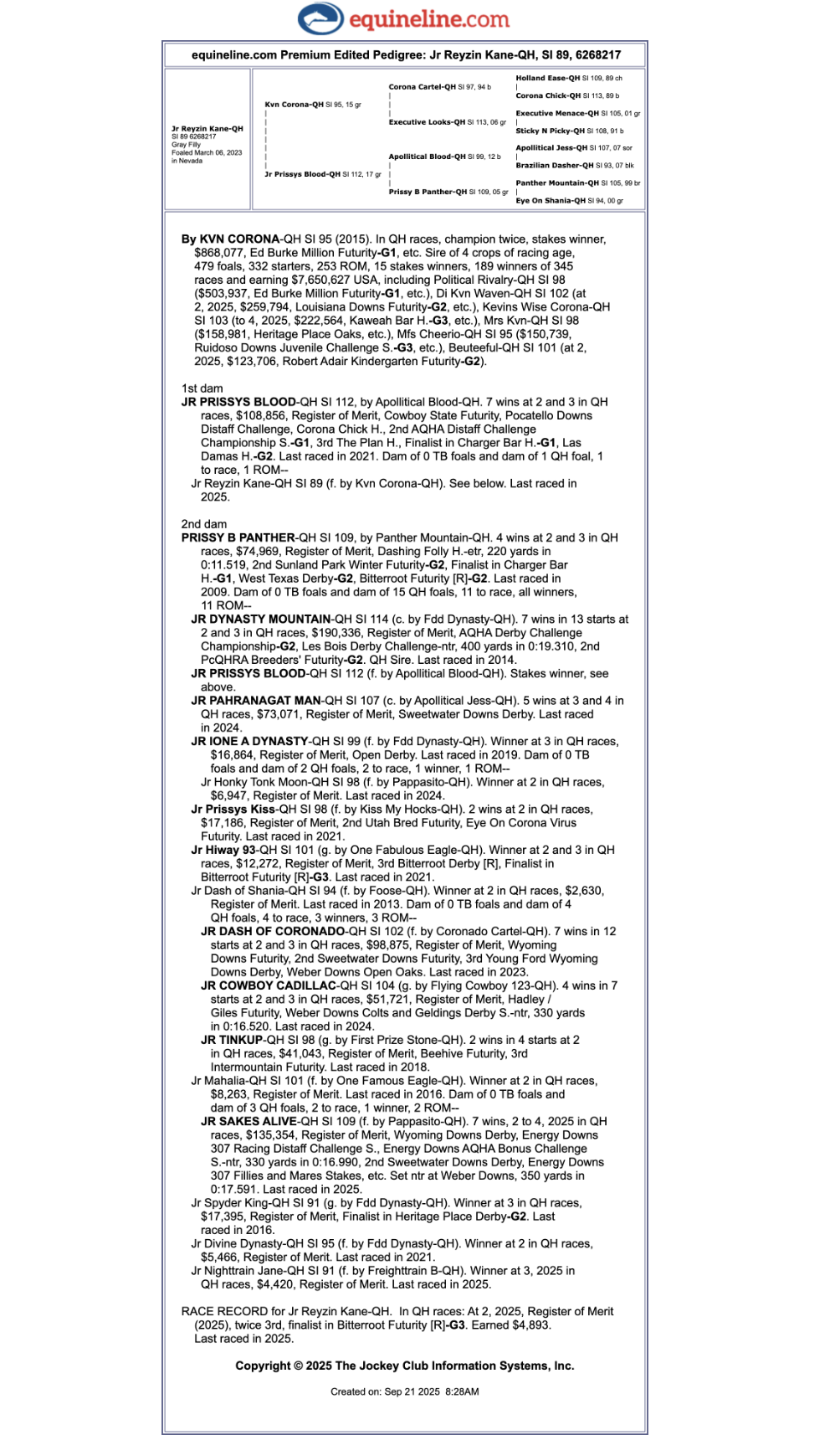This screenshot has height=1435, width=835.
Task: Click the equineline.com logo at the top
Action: click(x=403, y=18)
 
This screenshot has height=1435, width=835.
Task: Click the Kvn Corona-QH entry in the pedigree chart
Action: click(x=294, y=105)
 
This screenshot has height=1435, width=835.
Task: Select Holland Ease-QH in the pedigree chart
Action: click(x=547, y=78)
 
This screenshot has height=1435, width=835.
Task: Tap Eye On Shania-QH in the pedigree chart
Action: click(x=550, y=201)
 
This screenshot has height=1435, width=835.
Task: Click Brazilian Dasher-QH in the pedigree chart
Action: click(x=554, y=166)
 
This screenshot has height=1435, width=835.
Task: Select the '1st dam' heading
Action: click(x=202, y=388)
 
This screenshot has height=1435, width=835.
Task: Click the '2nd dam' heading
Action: click(x=203, y=524)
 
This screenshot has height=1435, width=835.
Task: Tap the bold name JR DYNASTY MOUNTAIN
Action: click(x=260, y=620)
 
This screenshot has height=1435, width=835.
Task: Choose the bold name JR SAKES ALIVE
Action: click(x=248, y=1122)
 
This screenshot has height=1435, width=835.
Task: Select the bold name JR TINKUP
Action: click(x=231, y=1040)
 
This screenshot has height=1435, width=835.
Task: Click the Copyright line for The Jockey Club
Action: click(x=404, y=1366)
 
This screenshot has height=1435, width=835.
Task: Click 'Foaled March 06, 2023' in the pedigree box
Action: click(x=206, y=152)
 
